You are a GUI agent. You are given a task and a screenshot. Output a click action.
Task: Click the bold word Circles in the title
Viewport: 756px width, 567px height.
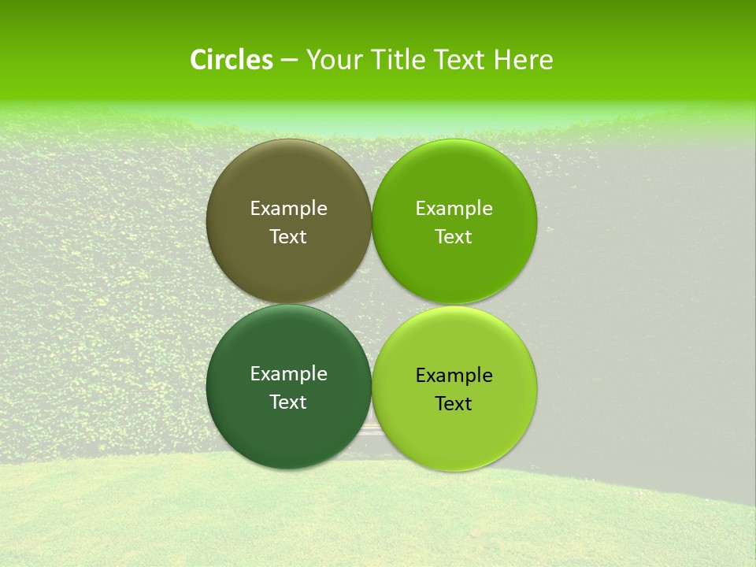[232, 60]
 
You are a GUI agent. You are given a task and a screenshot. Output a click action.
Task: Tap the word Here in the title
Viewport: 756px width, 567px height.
[524, 60]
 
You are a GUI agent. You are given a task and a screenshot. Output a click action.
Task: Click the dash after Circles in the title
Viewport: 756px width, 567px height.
[289, 61]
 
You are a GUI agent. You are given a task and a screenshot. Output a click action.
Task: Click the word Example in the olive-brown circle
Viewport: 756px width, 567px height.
[288, 209]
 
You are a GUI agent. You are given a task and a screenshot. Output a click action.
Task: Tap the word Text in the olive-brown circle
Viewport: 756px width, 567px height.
[288, 237]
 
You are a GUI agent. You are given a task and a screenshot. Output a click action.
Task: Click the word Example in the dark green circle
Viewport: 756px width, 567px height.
[288, 374]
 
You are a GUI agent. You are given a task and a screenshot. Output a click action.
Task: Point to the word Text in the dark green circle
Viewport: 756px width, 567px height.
[288, 402]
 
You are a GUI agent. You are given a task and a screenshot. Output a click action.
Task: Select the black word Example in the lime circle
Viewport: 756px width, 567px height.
[454, 376]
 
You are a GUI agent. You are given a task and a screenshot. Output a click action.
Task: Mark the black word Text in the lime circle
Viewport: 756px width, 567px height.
[454, 404]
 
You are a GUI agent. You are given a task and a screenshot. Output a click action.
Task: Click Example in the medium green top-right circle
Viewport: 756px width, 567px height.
[454, 209]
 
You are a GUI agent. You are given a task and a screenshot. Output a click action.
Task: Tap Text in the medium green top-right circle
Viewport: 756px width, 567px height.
[454, 237]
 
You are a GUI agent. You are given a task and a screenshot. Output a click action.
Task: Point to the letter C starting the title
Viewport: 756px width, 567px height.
[198, 60]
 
